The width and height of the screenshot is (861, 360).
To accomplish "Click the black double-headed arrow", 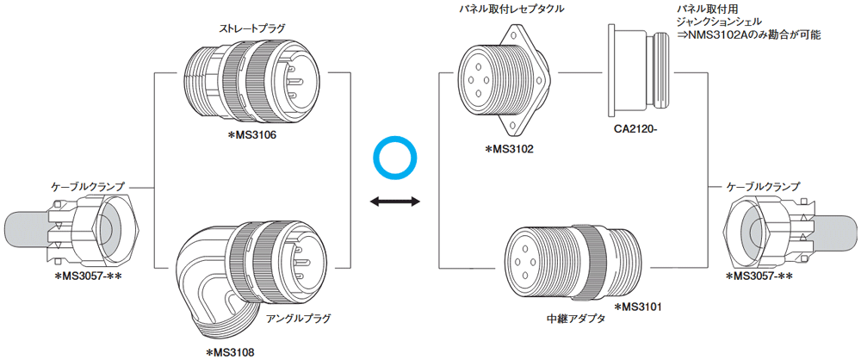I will pyautogui.click(x=394, y=202).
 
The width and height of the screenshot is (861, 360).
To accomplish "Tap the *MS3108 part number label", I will pyautogui.click(x=230, y=351).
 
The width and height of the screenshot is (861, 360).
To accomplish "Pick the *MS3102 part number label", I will pyautogui.click(x=510, y=149).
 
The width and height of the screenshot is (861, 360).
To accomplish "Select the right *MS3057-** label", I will pyautogui.click(x=760, y=276).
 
